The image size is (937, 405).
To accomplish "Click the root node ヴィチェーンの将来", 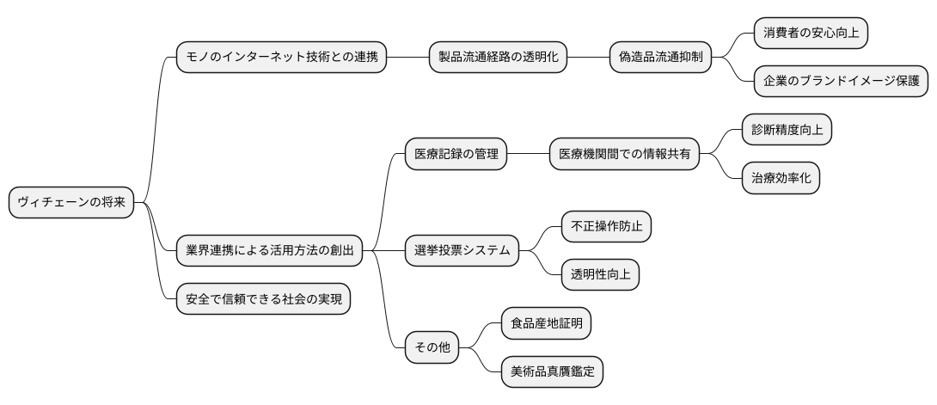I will tap(71, 203).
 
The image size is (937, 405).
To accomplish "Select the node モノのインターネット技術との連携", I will tap(281, 58).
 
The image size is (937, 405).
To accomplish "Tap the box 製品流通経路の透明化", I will tap(498, 58).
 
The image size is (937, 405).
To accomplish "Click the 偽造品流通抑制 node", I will tap(660, 58).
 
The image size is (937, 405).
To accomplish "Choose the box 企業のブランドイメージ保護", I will tap(841, 82).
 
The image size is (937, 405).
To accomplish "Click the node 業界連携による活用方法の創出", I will tap(269, 251).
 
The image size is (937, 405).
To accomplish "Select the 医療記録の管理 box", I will tap(456, 155).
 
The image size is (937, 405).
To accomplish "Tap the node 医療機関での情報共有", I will tap(624, 155).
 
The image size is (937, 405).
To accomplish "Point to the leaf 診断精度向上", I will tap(787, 130).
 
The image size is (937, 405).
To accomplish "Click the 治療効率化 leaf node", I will tap(781, 179).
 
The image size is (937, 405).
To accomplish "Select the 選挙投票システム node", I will tap(462, 251).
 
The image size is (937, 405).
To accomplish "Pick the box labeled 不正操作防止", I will tap(606, 227).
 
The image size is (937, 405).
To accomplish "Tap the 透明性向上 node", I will tap(600, 275).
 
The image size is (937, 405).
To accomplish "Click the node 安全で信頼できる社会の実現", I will tap(263, 299).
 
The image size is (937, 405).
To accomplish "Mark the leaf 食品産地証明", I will tap(546, 324).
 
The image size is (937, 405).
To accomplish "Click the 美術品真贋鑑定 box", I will tap(552, 372).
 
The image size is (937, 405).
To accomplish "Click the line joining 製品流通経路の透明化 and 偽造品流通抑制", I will tap(588, 58).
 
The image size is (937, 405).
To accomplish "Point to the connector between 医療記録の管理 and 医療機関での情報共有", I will tap(528, 155).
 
